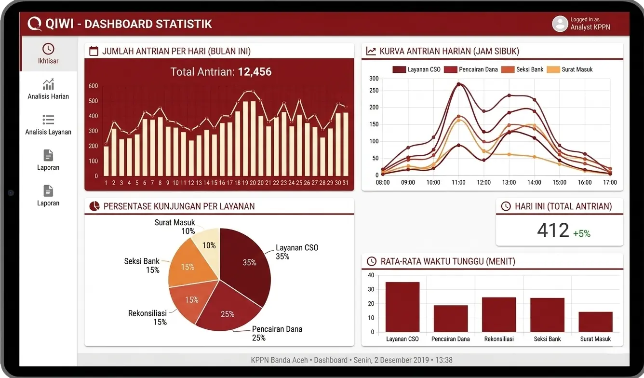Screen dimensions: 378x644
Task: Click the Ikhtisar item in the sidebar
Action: (x=48, y=54)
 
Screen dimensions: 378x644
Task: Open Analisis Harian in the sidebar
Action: (x=48, y=89)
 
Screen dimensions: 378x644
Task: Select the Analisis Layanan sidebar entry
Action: (x=48, y=125)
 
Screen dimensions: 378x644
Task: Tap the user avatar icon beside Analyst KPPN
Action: (x=560, y=24)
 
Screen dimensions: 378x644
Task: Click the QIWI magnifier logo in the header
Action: (x=34, y=24)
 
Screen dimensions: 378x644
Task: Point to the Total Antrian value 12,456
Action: (x=255, y=72)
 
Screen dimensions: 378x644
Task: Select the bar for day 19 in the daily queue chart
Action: (x=245, y=139)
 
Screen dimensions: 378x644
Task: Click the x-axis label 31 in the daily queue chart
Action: (x=345, y=183)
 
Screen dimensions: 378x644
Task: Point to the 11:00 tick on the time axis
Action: (x=458, y=182)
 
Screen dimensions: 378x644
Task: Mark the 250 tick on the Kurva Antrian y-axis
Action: (x=374, y=91)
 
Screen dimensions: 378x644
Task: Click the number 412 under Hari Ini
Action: (x=553, y=230)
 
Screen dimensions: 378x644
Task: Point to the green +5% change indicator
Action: (x=581, y=233)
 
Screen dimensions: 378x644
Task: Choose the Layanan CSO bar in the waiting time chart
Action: (x=402, y=307)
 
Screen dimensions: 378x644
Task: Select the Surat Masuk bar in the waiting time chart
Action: (x=595, y=322)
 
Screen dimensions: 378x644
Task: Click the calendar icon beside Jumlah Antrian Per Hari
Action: (x=94, y=51)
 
